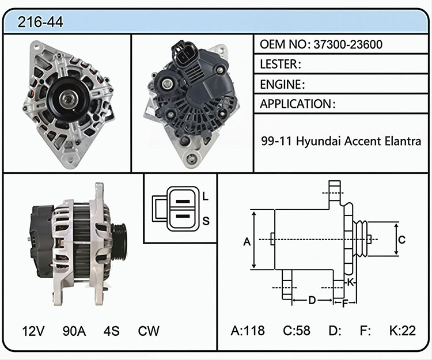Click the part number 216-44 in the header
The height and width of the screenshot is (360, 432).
click(x=40, y=22)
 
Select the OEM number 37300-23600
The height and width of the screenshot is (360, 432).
click(x=348, y=44)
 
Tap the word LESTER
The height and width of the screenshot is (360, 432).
click(x=279, y=64)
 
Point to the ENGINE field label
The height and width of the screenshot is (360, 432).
click(x=281, y=84)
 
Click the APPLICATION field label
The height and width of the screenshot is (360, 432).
click(x=295, y=104)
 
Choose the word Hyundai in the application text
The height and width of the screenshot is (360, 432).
click(x=319, y=141)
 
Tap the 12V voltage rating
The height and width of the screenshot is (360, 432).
click(x=33, y=331)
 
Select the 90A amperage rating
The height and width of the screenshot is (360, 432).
click(x=74, y=331)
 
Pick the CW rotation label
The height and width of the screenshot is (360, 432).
click(x=149, y=331)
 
